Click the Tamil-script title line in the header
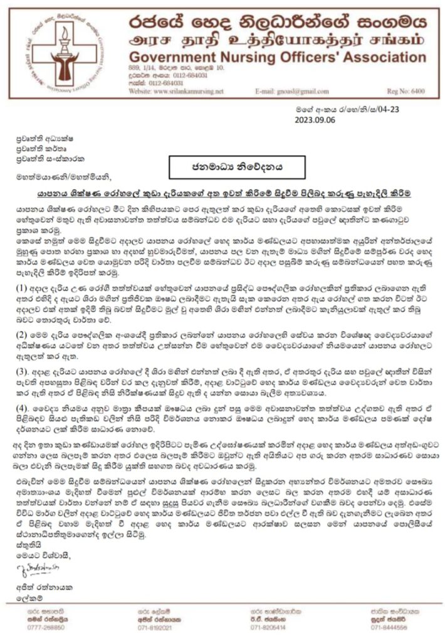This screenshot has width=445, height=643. click(x=276, y=41)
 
